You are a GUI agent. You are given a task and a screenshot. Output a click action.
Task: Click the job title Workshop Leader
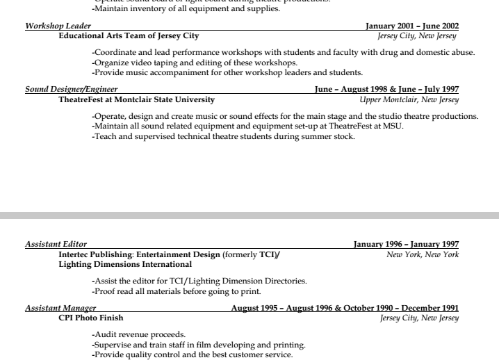click(58, 26)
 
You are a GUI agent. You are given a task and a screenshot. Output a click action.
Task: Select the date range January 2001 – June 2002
click(412, 26)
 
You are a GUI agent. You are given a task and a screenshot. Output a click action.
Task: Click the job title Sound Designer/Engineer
click(71, 89)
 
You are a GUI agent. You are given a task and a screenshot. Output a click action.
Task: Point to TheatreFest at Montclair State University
click(137, 99)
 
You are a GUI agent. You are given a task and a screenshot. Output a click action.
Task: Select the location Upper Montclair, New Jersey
click(409, 99)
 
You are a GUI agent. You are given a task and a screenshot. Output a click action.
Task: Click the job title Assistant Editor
click(56, 244)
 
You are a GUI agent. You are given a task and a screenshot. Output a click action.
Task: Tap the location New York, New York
click(423, 254)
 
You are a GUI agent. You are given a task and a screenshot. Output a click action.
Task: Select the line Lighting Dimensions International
click(125, 264)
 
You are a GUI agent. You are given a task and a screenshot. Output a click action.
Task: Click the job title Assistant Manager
click(60, 308)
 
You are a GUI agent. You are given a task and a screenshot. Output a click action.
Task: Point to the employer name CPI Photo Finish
click(91, 318)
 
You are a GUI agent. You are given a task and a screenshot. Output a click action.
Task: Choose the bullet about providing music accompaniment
click(227, 72)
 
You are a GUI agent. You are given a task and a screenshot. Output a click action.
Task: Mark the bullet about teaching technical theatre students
click(223, 136)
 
